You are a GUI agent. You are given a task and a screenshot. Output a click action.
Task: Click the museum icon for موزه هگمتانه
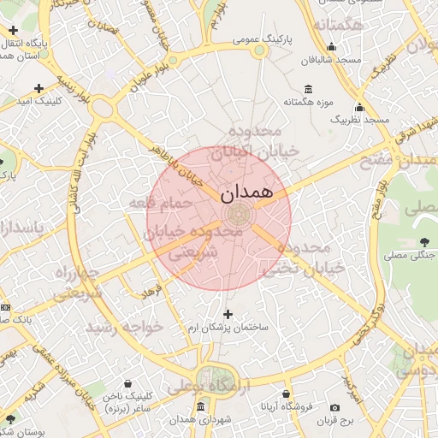(x=308, y=90)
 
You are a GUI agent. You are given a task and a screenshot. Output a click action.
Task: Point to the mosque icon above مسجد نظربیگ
(x=359, y=108)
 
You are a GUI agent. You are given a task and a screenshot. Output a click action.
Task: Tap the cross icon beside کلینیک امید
(x=38, y=88)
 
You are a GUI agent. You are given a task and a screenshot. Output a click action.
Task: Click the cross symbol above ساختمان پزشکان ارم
(x=228, y=315)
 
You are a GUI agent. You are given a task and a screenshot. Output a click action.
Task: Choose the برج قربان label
(x=334, y=421)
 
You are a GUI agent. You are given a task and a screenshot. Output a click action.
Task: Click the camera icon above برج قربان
(x=334, y=407)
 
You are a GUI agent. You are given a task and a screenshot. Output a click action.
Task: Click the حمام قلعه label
(x=154, y=203)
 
